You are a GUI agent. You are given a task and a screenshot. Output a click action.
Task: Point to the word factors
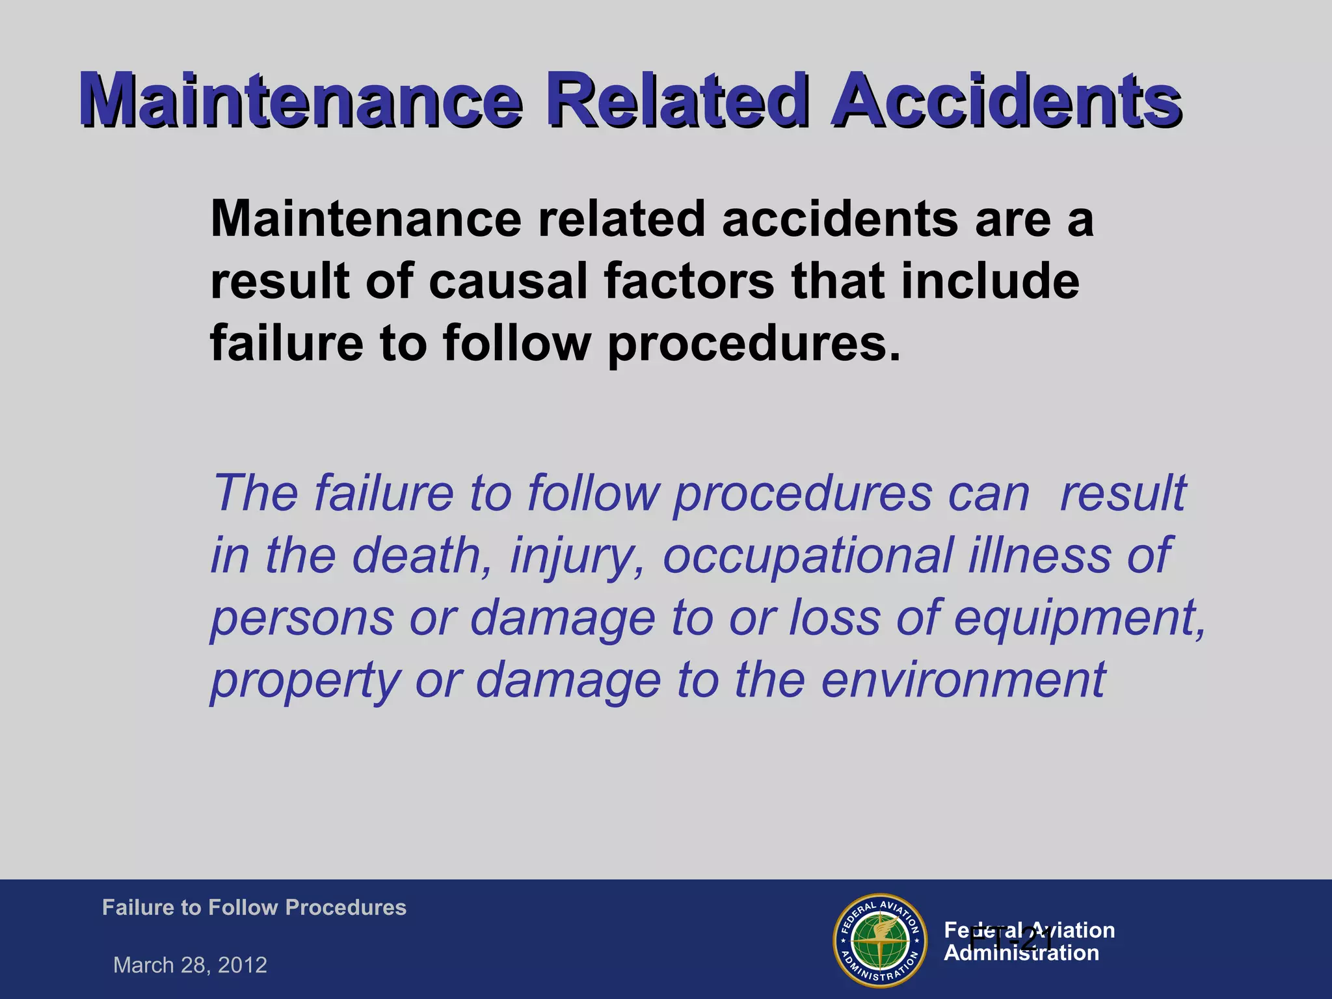[688, 281]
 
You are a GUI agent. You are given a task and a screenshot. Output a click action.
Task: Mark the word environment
[963, 680]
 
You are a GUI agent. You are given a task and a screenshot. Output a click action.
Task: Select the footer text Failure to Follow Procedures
[254, 907]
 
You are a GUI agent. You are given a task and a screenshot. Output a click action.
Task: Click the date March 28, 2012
[190, 965]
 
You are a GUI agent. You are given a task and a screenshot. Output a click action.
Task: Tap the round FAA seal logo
[879, 940]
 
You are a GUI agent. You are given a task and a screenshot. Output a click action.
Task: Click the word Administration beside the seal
[1021, 953]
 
